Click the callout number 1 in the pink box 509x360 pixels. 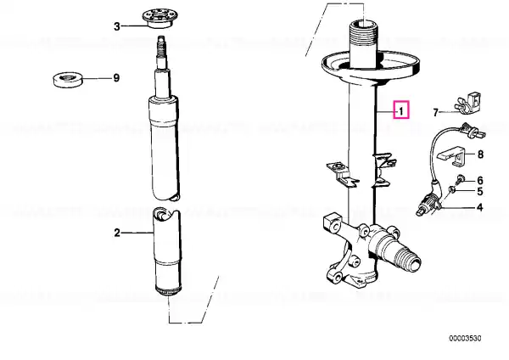[x=401, y=111]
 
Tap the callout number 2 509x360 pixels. [x=117, y=233]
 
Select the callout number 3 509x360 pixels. [x=117, y=26]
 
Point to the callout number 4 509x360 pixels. [x=480, y=207]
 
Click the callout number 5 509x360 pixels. [x=480, y=191]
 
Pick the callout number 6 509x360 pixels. [x=480, y=180]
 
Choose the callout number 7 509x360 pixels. [x=436, y=112]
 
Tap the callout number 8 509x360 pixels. [x=480, y=155]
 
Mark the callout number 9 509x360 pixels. [x=116, y=78]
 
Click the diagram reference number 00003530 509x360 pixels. [x=465, y=339]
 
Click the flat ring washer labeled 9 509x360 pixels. [x=68, y=80]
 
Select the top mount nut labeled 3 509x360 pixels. [x=160, y=19]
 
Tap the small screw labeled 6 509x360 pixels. [x=459, y=179]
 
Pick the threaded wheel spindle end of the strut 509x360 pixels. [x=408, y=260]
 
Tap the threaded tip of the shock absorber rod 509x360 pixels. [x=160, y=46]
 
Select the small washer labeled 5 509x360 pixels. [x=451, y=189]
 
